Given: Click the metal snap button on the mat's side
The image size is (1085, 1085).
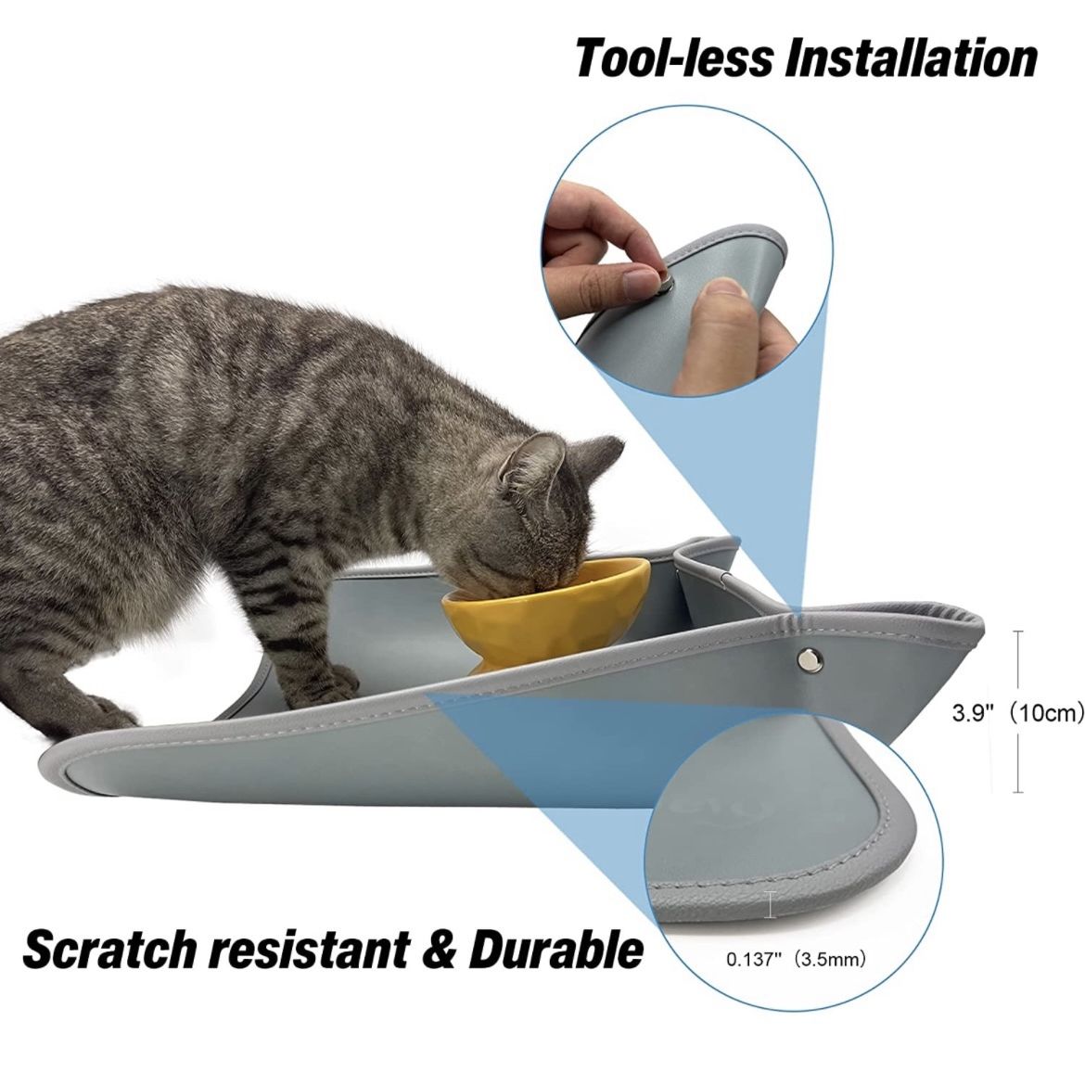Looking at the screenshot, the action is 809,659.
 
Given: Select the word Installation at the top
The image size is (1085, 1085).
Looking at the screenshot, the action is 910,58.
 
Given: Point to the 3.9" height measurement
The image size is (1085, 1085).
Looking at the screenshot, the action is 972,713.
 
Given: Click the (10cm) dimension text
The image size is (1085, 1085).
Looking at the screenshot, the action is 1044,713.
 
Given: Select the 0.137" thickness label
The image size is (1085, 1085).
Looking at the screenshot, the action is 754,960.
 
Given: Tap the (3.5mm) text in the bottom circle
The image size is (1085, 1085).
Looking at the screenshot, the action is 830,960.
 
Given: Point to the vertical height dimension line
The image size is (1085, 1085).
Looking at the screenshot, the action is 1018,712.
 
